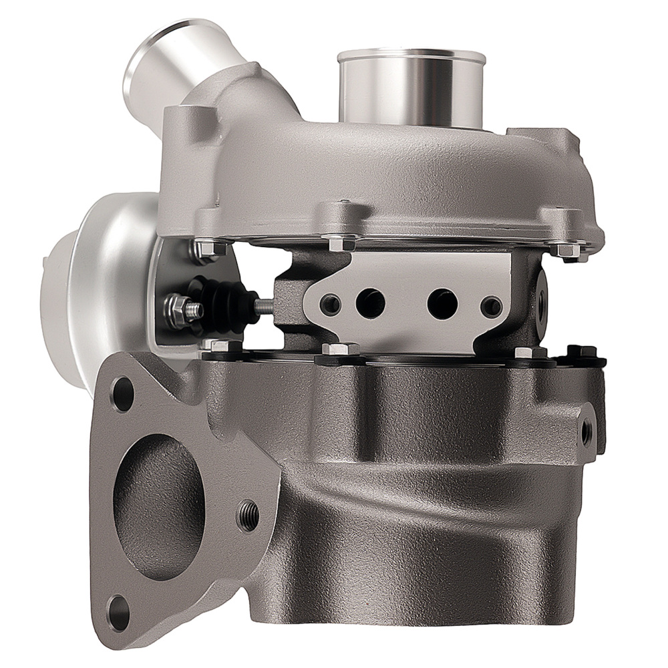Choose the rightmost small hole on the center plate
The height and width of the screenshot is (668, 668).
pyautogui.click(x=492, y=306)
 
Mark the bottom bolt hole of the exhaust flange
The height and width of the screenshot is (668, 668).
pyautogui.click(x=120, y=608)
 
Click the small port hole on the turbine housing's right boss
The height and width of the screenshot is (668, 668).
pyautogui.click(x=586, y=433)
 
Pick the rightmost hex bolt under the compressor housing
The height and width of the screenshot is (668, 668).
pyautogui.click(x=568, y=248)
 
